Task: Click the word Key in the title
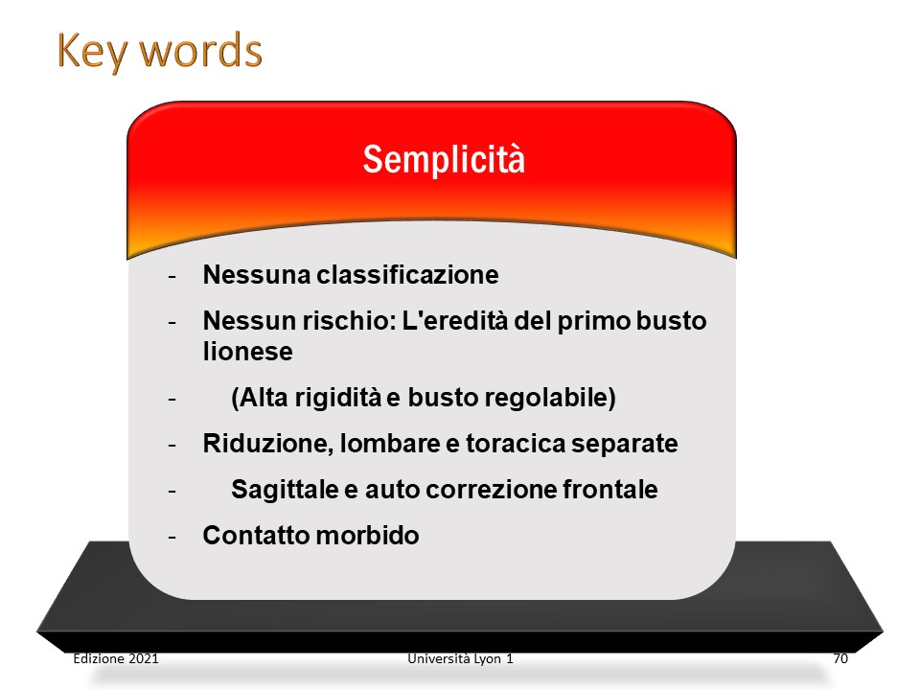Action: (92, 52)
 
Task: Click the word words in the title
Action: (200, 51)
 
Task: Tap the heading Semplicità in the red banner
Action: (444, 159)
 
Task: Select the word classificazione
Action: (408, 275)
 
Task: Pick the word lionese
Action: (247, 352)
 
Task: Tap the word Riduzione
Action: (268, 444)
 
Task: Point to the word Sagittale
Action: (286, 490)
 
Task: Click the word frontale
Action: (610, 490)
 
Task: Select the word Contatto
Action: (257, 535)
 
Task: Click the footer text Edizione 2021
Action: (116, 658)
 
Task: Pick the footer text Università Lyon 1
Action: (461, 658)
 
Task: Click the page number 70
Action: (840, 658)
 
